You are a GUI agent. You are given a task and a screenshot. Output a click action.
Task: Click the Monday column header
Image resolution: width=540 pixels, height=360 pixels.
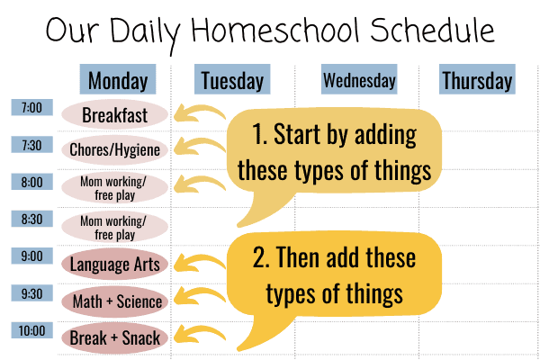point(118,79)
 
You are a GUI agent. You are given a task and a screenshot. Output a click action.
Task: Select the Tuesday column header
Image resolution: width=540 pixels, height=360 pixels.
point(232,79)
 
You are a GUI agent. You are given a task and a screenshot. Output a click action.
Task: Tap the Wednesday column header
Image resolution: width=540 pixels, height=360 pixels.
point(359,79)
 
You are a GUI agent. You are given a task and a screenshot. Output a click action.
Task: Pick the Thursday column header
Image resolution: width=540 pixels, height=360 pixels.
point(477,79)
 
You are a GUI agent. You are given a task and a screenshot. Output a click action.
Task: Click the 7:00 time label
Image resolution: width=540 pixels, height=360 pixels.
point(32,107)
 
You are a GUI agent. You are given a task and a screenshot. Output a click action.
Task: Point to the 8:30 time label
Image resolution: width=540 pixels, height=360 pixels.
point(32,219)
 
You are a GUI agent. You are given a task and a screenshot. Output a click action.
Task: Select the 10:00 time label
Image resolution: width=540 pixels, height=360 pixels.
point(32,330)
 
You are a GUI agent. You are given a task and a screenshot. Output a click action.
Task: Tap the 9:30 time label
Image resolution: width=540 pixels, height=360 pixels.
point(32,293)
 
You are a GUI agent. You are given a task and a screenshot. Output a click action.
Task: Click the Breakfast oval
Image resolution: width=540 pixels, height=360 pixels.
point(114,114)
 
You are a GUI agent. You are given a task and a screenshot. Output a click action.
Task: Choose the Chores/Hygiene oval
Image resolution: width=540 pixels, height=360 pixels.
point(114,150)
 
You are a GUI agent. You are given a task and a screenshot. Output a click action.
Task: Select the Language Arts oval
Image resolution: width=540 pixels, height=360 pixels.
point(114,265)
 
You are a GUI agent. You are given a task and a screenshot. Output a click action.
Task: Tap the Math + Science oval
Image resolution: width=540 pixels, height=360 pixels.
point(114,301)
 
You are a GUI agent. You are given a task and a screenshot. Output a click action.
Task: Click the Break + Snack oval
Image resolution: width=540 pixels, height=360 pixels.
point(114,338)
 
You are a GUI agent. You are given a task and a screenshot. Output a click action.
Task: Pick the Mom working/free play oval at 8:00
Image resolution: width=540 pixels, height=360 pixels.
point(114,188)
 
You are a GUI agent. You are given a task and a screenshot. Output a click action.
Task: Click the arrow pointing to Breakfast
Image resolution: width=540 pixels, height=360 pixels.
point(198,110)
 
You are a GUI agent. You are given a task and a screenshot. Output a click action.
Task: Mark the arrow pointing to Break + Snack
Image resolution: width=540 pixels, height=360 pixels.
point(198,332)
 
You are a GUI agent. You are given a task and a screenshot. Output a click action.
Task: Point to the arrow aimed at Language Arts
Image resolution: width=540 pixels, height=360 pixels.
point(198,261)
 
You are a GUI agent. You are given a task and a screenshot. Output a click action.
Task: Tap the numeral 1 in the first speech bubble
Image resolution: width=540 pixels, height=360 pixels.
point(257,134)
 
